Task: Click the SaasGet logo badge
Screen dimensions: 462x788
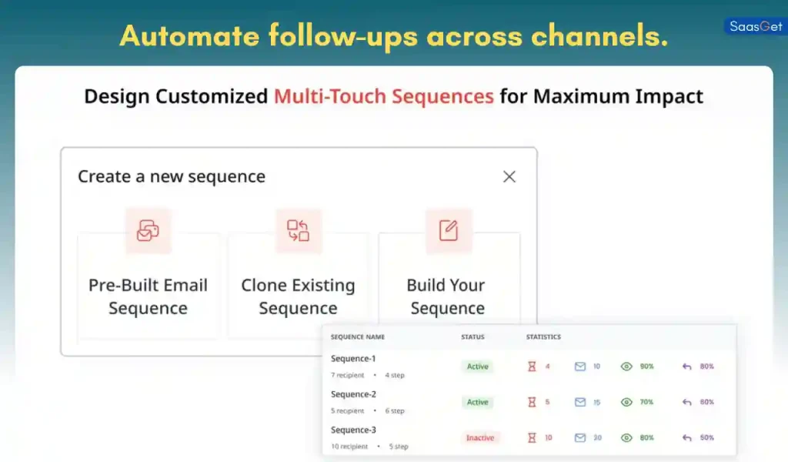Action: pos(755,26)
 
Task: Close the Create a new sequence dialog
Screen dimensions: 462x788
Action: pos(509,176)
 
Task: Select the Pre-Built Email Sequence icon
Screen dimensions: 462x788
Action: pos(148,229)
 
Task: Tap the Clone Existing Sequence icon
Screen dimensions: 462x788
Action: pos(298,229)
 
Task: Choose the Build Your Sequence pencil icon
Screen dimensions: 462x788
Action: pos(448,229)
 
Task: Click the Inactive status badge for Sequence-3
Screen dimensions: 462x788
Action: pos(479,437)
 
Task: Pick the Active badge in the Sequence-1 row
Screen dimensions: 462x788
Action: pos(477,367)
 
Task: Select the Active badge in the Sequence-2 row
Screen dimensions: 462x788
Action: pos(477,402)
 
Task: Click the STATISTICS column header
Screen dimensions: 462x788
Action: pos(543,337)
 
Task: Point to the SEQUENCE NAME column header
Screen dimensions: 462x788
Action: pos(358,337)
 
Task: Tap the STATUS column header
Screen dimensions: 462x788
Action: pos(472,337)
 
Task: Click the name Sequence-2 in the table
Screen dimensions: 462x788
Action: pos(353,394)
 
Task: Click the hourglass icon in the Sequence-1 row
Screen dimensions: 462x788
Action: pos(531,367)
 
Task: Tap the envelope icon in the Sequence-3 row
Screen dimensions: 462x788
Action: pos(580,437)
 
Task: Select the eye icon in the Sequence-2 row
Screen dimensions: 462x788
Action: pos(626,402)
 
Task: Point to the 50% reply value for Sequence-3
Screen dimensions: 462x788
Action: pos(706,437)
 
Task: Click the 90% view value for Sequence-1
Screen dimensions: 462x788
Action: pos(646,367)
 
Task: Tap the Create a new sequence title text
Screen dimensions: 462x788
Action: pos(172,176)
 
